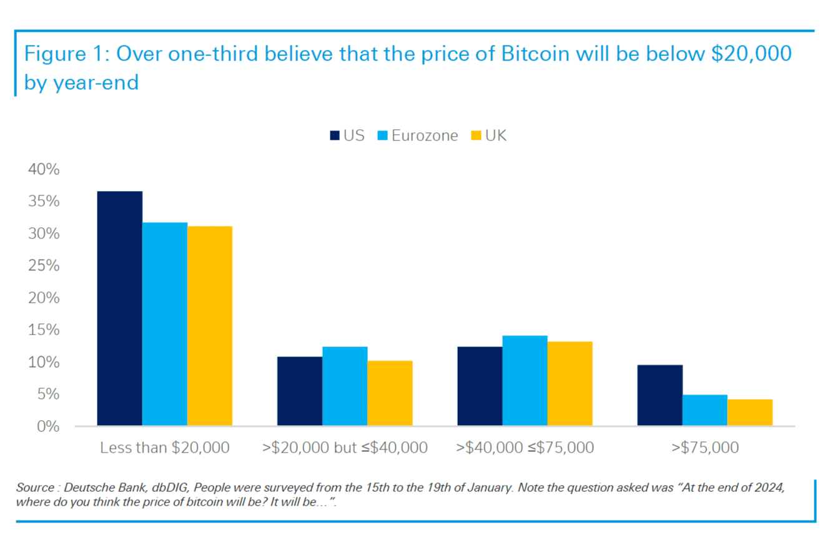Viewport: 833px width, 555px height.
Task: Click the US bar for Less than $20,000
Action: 119,308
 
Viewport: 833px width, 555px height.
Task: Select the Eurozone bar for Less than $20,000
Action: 164,324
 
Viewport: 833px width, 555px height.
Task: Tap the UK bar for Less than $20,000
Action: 209,326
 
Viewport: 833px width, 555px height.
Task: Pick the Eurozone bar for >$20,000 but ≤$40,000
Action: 345,386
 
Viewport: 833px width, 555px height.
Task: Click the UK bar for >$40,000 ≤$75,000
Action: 569,384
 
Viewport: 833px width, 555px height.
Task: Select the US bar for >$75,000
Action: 659,395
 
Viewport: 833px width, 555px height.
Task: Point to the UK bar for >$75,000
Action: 749,413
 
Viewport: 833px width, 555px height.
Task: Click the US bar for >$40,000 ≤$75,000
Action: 480,386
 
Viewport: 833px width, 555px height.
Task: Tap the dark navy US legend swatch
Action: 334,135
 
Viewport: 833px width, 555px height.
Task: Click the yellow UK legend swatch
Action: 476,135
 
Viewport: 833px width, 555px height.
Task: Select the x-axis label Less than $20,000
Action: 165,448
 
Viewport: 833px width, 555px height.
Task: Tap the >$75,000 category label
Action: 704,448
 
